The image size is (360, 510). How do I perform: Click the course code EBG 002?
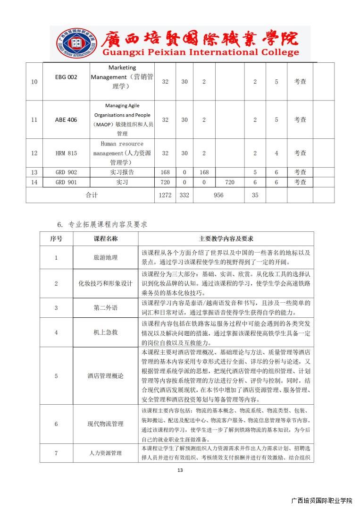pyautogui.click(x=66, y=77)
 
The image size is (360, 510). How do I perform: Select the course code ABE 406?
pyautogui.click(x=66, y=119)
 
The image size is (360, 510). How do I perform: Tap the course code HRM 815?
pyautogui.click(x=66, y=153)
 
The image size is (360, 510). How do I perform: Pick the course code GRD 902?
pyautogui.click(x=66, y=172)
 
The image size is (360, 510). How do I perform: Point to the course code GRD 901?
pyautogui.click(x=66, y=182)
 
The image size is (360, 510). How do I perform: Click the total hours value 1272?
pyautogui.click(x=165, y=195)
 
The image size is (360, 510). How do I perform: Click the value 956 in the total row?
pyautogui.click(x=218, y=195)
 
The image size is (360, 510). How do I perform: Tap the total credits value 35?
pyautogui.click(x=255, y=195)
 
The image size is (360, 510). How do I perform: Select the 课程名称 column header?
pyautogui.click(x=106, y=239)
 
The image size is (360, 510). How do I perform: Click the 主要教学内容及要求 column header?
pyautogui.click(x=226, y=239)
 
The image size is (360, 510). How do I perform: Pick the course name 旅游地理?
pyautogui.click(x=106, y=257)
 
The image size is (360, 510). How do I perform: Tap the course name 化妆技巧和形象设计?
pyautogui.click(x=106, y=283)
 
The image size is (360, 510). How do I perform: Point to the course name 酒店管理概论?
pyautogui.click(x=106, y=376)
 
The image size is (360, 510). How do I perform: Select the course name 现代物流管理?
pyautogui.click(x=106, y=424)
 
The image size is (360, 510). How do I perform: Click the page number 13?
pyautogui.click(x=180, y=470)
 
